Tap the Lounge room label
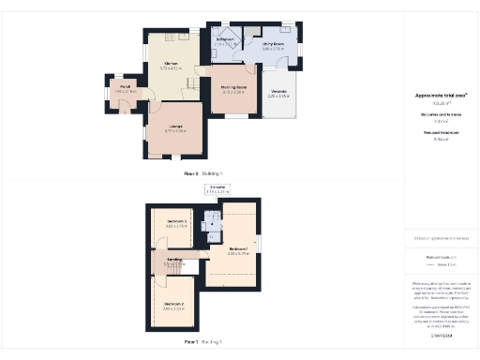click(175, 128)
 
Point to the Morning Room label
click(233, 89)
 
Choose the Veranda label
click(279, 93)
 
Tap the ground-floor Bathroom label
click(226, 39)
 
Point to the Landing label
click(175, 262)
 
